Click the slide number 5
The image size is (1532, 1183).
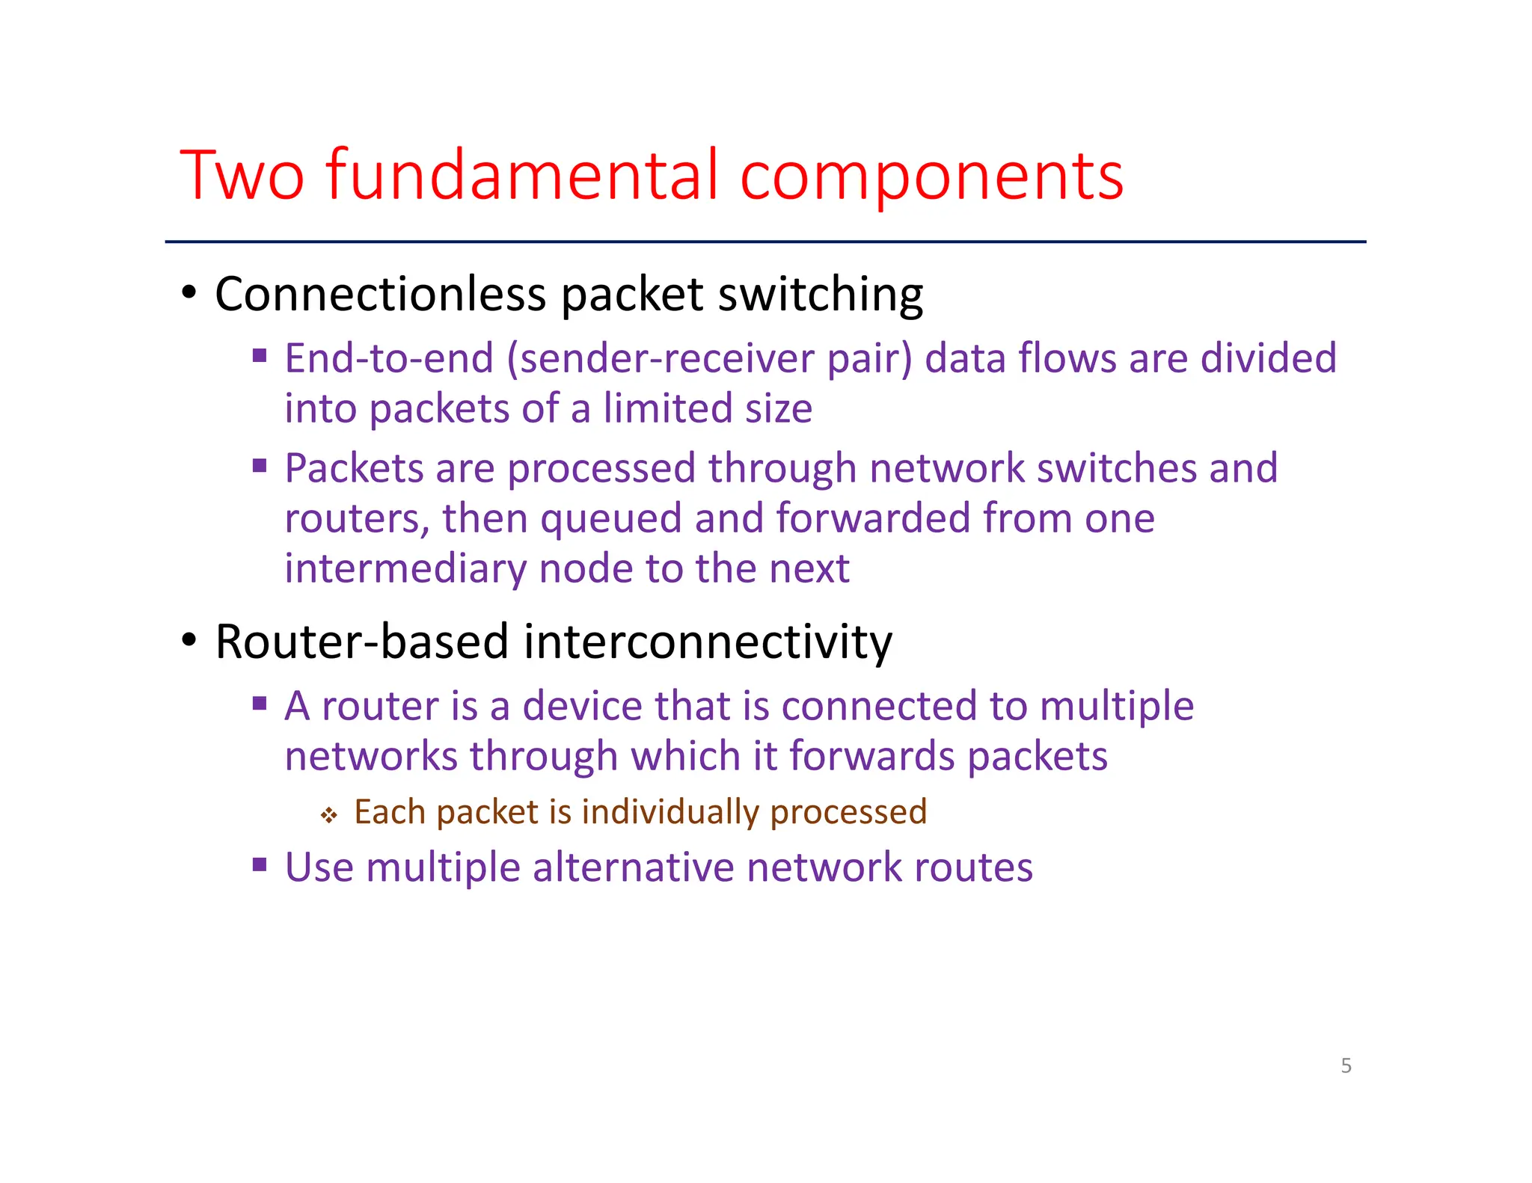(x=1346, y=1066)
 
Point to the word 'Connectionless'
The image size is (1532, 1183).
(x=380, y=294)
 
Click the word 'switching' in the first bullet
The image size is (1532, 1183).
(x=821, y=295)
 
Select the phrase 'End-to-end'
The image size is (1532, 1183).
(x=389, y=358)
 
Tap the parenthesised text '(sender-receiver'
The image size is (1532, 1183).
(x=660, y=359)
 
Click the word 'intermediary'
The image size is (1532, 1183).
(x=405, y=569)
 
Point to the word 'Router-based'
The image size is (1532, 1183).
(x=362, y=642)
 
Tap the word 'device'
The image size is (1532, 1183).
(x=581, y=707)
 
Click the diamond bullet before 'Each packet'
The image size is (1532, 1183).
(x=329, y=815)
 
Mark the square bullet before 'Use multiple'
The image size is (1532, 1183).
(x=260, y=866)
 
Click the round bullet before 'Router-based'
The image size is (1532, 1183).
(x=189, y=640)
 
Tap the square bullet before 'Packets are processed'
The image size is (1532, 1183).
(x=260, y=467)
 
